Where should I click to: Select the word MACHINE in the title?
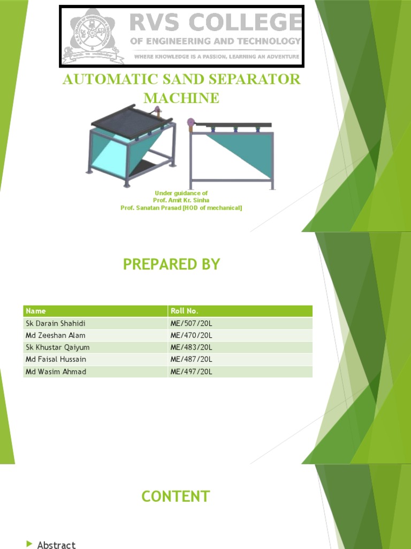pos(181,98)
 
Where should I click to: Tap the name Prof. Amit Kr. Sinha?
pos(181,200)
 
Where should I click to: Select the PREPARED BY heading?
pos(171,264)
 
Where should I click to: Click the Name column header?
pos(36,311)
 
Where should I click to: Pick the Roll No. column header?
pos(184,311)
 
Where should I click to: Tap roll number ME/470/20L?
pos(191,335)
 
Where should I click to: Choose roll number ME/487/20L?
pos(191,359)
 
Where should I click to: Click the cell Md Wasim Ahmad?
pos(56,372)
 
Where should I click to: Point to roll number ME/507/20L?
pos(191,323)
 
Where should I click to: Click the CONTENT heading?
pos(176,496)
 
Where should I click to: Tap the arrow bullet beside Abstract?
pos(29,544)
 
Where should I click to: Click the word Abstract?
pos(56,545)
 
